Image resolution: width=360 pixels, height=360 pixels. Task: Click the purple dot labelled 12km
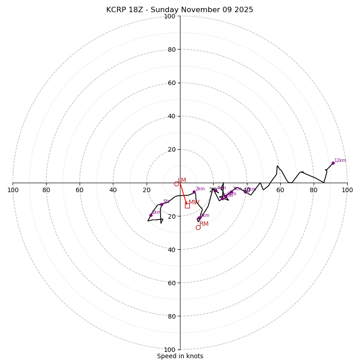(333, 163)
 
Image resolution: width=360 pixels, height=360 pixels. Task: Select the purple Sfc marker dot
(162, 204)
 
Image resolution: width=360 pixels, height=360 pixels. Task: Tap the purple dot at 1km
(151, 215)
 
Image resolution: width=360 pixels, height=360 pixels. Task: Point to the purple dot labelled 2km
(194, 192)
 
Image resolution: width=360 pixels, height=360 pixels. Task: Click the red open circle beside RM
(198, 227)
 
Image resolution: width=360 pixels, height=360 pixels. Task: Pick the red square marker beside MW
(187, 206)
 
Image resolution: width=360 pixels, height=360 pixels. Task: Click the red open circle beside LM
(176, 184)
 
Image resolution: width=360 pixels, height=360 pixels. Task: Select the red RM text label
(204, 224)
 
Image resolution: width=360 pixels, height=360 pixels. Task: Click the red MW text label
(194, 202)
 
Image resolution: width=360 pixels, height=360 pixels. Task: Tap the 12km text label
(340, 160)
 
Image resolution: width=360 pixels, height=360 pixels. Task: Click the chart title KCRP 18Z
(180, 10)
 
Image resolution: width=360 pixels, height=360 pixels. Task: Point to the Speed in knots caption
(180, 356)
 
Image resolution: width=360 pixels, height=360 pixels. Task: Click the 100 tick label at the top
(169, 16)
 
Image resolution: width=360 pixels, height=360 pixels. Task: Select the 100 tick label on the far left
(13, 190)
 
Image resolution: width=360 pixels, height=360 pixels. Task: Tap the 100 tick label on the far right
(347, 190)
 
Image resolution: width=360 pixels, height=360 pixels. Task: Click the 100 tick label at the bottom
(169, 349)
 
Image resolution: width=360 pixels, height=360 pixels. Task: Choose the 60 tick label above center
(171, 83)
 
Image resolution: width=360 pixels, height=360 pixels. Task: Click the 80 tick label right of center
(314, 190)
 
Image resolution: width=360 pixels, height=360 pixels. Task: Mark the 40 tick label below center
(171, 249)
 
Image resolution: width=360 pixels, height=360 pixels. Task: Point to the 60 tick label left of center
(80, 190)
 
